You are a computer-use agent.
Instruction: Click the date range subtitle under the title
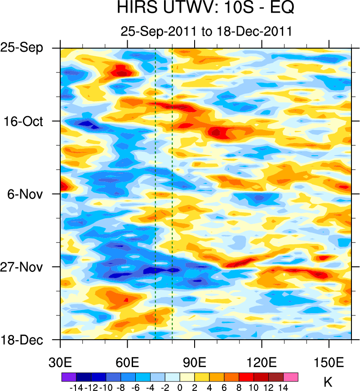pyautogui.click(x=206, y=31)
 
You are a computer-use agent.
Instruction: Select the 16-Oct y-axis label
pyautogui.click(x=28, y=121)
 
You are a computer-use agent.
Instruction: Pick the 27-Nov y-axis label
pyautogui.click(x=27, y=267)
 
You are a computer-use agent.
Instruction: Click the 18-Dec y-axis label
pyautogui.click(x=27, y=340)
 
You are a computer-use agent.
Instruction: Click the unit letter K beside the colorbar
pyautogui.click(x=328, y=382)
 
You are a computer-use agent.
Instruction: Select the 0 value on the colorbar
pyautogui.click(x=180, y=387)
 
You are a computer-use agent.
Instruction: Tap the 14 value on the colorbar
pyautogui.click(x=284, y=387)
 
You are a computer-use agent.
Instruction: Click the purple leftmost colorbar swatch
pyautogui.click(x=68, y=377)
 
